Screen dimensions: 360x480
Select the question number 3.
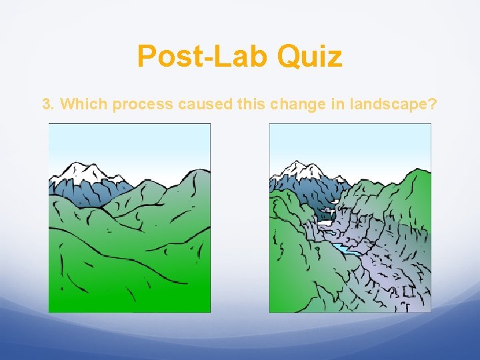coord(47,105)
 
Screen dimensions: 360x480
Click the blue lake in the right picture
coord(347,250)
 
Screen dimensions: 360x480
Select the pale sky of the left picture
coord(127,143)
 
